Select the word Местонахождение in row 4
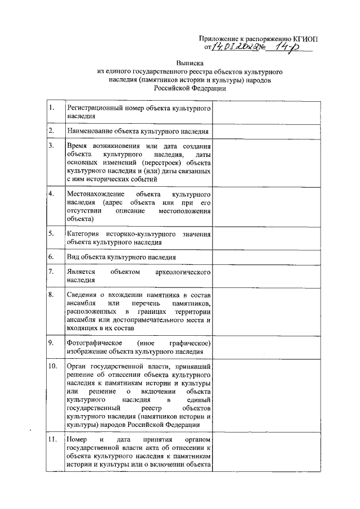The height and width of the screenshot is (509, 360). tap(93, 193)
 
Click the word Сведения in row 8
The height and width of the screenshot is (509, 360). tap(82, 295)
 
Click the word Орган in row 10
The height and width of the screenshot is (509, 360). tap(76, 367)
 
